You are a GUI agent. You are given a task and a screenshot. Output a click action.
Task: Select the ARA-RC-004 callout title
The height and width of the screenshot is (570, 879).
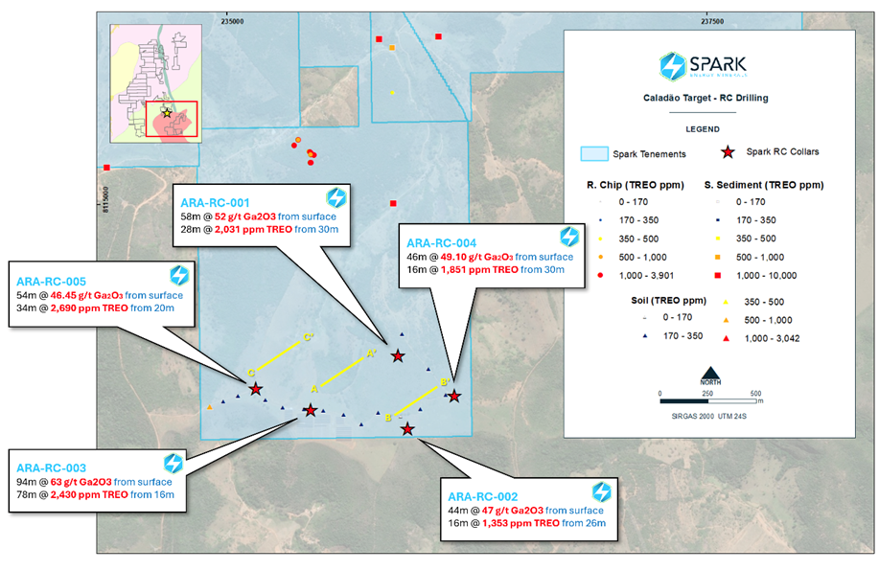[x=450, y=241]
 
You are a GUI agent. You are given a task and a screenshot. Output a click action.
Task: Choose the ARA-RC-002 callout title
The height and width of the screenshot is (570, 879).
[x=483, y=496]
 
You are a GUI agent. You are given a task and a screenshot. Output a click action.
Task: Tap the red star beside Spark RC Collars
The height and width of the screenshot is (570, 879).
[x=729, y=151]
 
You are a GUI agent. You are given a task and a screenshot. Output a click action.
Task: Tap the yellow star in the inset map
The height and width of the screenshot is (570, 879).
[x=167, y=112]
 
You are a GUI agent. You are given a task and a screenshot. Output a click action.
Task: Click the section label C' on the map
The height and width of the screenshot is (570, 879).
[x=308, y=337]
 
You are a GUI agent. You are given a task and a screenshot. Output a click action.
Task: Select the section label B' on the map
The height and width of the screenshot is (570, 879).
[x=445, y=383]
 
